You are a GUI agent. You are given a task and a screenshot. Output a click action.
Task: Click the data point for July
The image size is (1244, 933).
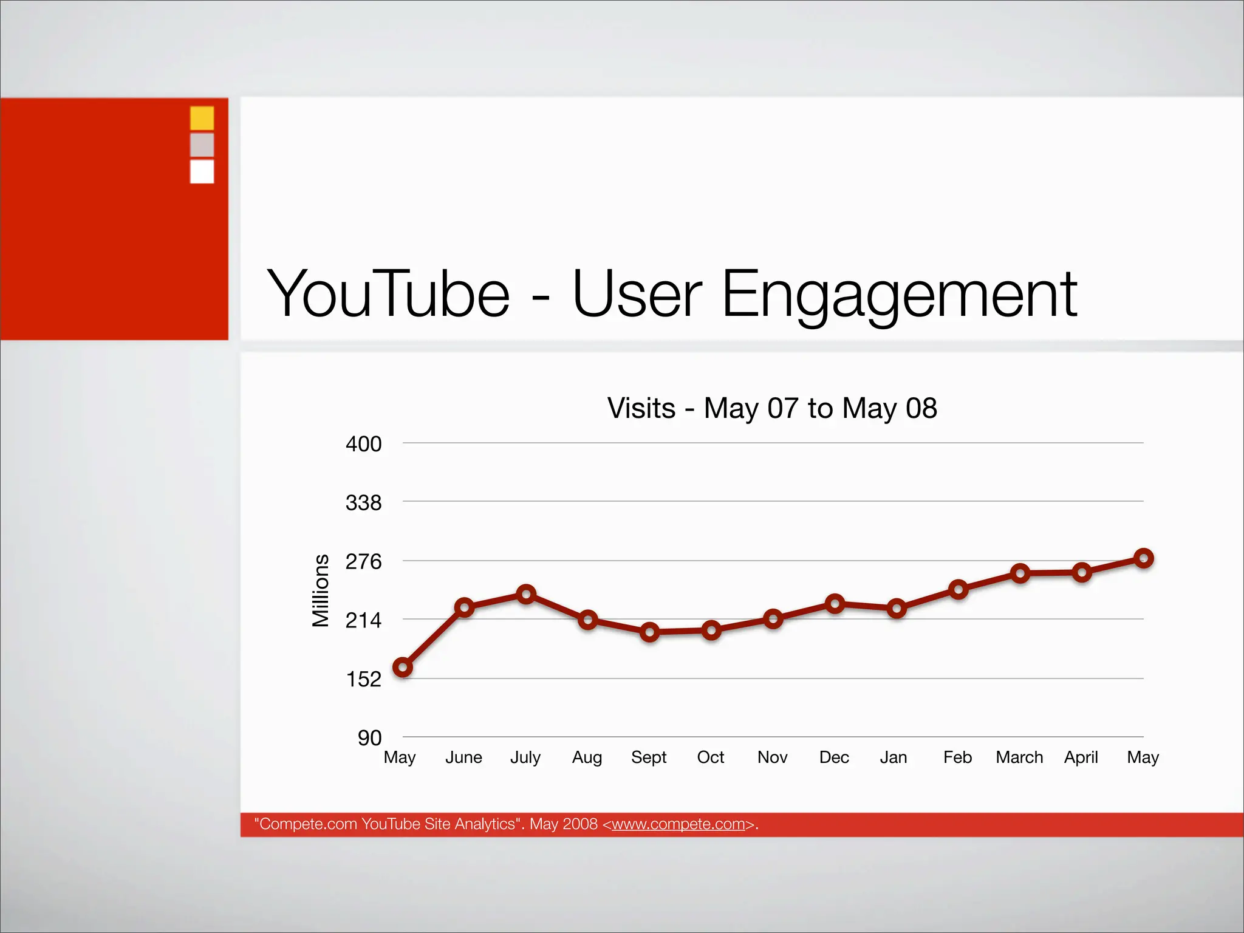(x=526, y=594)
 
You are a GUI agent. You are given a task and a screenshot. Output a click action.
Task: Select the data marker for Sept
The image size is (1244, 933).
(x=649, y=632)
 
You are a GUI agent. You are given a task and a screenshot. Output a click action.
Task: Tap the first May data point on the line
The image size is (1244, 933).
(x=403, y=668)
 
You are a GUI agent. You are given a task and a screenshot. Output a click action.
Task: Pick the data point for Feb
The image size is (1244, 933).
(x=958, y=589)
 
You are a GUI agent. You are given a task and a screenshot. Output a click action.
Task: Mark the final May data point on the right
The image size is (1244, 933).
(x=1144, y=558)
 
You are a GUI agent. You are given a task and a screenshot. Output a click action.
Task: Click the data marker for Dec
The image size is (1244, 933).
(x=835, y=604)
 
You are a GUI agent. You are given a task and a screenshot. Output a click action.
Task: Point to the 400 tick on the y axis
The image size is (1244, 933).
(x=363, y=444)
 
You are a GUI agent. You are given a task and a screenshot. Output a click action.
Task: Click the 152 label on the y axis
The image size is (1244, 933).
(x=363, y=679)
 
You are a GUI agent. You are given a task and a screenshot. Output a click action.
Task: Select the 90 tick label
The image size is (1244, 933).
(x=369, y=738)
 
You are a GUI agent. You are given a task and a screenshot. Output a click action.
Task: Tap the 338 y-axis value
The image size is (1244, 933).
(x=363, y=503)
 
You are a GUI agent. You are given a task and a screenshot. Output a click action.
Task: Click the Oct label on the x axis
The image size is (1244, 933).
(x=711, y=757)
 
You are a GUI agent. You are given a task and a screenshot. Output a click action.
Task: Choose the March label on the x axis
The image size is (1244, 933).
(x=1019, y=757)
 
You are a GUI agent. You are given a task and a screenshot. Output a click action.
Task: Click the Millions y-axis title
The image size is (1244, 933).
(x=320, y=590)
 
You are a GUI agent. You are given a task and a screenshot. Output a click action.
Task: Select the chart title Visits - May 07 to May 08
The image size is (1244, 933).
(x=772, y=408)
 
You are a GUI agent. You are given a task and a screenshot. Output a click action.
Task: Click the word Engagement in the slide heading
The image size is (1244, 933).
(x=899, y=295)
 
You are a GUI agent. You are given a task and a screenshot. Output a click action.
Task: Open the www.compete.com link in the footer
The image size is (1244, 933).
(x=678, y=824)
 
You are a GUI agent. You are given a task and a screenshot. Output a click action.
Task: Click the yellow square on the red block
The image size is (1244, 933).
(x=202, y=118)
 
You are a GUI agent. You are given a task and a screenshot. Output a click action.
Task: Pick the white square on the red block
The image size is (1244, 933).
(x=202, y=171)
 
